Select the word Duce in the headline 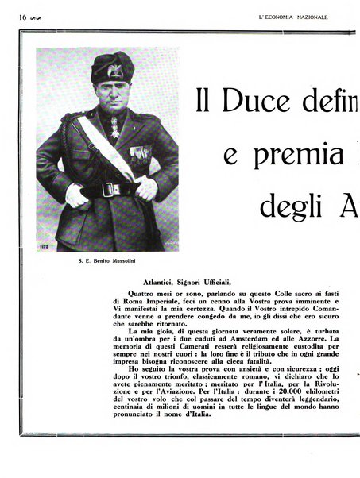256,102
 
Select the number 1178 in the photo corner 45,246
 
